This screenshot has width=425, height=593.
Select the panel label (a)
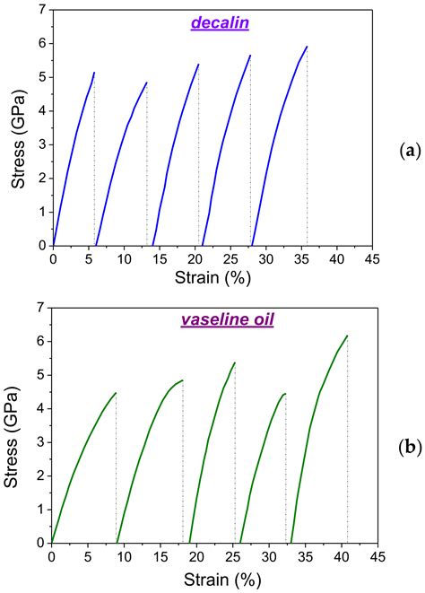pos(411,151)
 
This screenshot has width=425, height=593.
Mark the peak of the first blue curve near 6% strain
pos(94,73)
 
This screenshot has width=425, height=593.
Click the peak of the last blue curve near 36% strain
pos(307,47)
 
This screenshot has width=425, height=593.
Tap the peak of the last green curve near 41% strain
pos(346,336)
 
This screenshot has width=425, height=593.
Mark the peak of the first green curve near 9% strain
pos(115,393)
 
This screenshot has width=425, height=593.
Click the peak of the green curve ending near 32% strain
pos(284,394)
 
